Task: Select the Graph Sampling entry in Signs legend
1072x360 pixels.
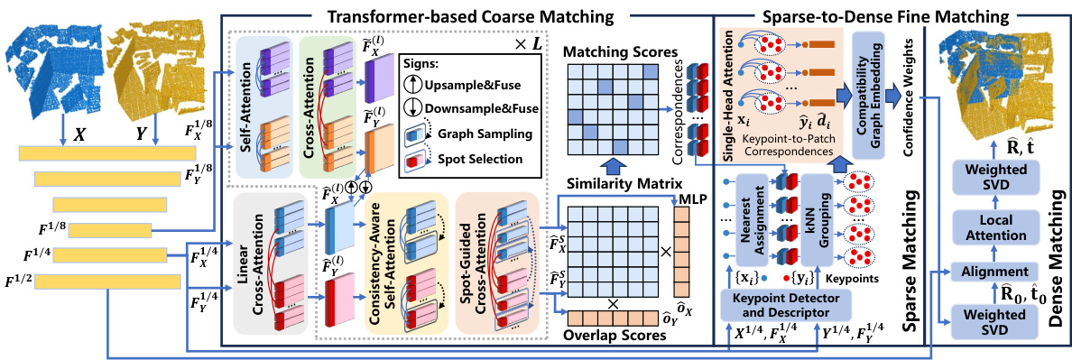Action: (497, 136)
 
